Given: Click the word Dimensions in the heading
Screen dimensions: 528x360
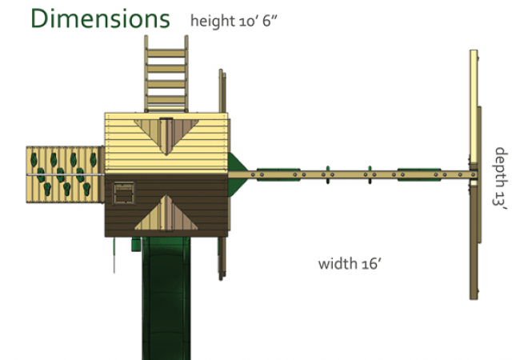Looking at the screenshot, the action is point(100,19).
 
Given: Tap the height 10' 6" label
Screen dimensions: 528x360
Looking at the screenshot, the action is point(234,21).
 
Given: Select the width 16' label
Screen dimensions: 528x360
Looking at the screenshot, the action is point(350,263).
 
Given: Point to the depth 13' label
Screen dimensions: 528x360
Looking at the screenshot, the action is point(500,178).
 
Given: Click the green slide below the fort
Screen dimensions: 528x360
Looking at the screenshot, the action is point(166,298).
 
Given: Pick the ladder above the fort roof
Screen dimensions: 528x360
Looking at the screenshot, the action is point(166,74).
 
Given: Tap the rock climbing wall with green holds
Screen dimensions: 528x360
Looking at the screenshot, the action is point(65,174).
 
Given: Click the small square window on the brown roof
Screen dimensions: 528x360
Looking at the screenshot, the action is point(124,194).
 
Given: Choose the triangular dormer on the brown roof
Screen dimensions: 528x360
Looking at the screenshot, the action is point(166,213).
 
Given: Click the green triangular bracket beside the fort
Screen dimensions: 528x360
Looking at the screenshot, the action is point(238,174).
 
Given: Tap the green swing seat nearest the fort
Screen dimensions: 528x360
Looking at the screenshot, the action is point(278,174).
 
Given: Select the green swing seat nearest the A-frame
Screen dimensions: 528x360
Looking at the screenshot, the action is point(419,174).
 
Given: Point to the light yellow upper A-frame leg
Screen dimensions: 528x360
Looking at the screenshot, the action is point(474,106).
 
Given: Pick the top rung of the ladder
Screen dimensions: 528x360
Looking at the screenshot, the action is point(166,54).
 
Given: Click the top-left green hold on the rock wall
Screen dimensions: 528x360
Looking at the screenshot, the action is point(34,159).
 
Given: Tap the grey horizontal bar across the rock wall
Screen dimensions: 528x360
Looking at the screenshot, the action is point(65,174).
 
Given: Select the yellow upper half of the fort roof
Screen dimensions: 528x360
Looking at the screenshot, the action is point(166,143).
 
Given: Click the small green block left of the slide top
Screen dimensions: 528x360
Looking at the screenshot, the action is point(136,245).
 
